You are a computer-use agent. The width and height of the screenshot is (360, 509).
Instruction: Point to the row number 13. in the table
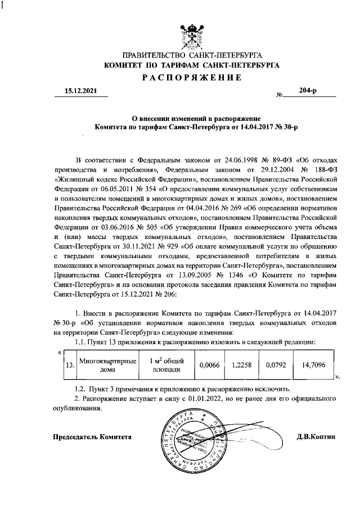pos(70,365)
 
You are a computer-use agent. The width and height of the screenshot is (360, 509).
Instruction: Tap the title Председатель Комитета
pos(93,436)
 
